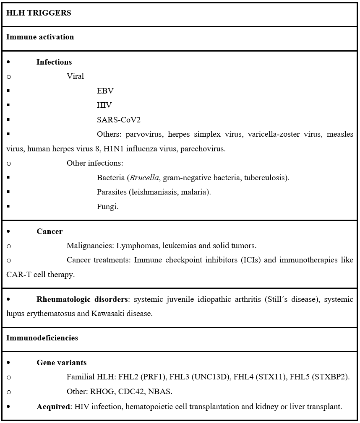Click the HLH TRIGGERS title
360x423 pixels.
[39, 13]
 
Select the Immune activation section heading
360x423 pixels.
[40, 37]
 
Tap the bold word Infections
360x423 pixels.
[54, 62]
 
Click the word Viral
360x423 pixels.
[75, 76]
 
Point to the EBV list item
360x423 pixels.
[105, 91]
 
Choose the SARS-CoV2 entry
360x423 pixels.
[118, 120]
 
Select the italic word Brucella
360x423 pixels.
[144, 178]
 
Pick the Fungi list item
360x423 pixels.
[107, 207]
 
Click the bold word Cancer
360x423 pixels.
[50, 231]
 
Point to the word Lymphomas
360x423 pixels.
[135, 246]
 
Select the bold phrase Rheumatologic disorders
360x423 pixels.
[82, 299]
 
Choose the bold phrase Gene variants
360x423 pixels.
[61, 363]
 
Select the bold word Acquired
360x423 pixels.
[53, 407]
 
